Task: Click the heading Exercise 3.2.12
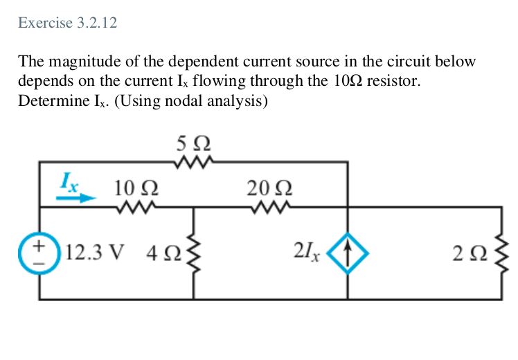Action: (68, 23)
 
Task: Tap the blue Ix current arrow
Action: (76, 197)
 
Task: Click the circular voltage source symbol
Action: (40, 251)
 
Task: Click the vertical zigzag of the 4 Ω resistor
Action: (193, 251)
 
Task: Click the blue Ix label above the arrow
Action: (69, 183)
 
